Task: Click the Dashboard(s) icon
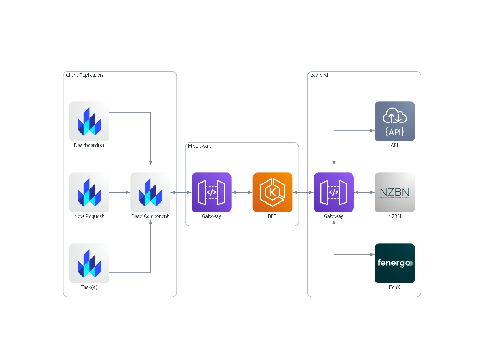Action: tap(89, 121)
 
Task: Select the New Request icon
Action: tap(89, 192)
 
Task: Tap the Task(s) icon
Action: tap(89, 263)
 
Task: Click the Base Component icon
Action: tap(150, 192)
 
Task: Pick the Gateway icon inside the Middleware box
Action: tap(211, 192)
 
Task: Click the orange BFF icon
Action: tap(272, 192)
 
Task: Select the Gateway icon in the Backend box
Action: tap(334, 192)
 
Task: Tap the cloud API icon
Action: tap(394, 121)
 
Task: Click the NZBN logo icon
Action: tap(394, 192)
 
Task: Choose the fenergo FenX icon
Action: tap(394, 263)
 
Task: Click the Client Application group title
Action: tap(84, 75)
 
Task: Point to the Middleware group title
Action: tap(200, 146)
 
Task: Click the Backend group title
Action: tap(319, 75)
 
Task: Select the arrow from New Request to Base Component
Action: tap(120, 192)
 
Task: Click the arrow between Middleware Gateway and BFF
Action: tap(242, 192)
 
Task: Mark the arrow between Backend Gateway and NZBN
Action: tap(364, 192)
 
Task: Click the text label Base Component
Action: tap(150, 216)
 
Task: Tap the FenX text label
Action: tap(394, 287)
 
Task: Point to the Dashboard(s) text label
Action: tap(89, 145)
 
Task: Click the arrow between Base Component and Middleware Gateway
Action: tap(181, 192)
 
